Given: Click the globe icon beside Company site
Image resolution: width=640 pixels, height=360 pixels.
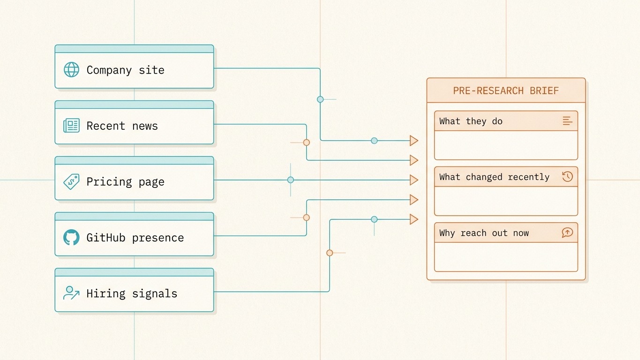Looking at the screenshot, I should click(x=71, y=70).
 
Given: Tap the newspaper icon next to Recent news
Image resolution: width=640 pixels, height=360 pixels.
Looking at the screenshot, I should click(x=71, y=126).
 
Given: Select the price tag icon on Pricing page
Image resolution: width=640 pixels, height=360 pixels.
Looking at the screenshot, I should click(x=71, y=181).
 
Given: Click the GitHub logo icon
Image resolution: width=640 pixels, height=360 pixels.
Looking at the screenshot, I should click(x=71, y=237).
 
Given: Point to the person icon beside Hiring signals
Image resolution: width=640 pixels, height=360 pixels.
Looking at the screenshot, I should click(x=71, y=293).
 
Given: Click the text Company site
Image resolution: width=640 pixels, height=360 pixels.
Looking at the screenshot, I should click(x=125, y=70).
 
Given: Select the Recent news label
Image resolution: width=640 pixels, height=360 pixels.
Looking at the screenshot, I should click(x=122, y=126).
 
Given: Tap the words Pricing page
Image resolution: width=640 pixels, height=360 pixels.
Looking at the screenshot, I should click(x=125, y=182).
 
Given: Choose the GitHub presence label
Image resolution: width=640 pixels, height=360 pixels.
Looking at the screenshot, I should click(x=135, y=238).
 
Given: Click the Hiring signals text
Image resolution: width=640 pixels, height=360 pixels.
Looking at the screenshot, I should click(x=132, y=293).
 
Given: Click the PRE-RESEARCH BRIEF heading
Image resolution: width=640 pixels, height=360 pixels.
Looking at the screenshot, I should click(x=506, y=90).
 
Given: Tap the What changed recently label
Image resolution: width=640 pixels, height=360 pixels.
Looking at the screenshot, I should click(x=494, y=177).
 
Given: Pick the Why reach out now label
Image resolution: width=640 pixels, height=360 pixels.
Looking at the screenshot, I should click(x=484, y=233).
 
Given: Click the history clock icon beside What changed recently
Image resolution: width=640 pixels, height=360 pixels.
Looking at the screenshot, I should click(x=567, y=177).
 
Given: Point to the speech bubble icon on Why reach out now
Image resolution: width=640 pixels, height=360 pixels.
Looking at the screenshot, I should click(x=567, y=232).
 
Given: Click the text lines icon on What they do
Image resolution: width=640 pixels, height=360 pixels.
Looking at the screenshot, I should click(x=567, y=121).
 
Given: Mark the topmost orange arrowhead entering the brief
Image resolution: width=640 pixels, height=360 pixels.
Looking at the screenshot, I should click(x=414, y=141).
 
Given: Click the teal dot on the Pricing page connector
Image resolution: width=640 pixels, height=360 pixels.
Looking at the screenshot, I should click(x=291, y=180).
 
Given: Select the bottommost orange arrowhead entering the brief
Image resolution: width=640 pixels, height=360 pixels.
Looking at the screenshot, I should click(x=414, y=219).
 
